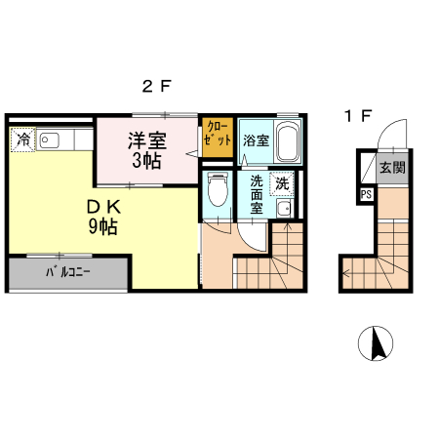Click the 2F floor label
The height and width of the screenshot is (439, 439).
[156, 86]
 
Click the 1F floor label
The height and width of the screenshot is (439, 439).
[357, 116]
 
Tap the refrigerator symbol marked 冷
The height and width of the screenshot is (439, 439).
[21, 140]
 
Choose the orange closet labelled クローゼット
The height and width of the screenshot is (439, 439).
[217, 138]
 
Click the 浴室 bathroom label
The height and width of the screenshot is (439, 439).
[255, 140]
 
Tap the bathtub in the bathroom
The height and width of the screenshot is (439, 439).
[287, 143]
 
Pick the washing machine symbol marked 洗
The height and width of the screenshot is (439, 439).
[282, 182]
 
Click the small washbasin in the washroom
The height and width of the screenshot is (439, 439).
[283, 210]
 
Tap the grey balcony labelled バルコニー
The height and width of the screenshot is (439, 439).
[68, 273]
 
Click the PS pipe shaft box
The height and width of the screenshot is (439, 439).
[366, 194]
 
